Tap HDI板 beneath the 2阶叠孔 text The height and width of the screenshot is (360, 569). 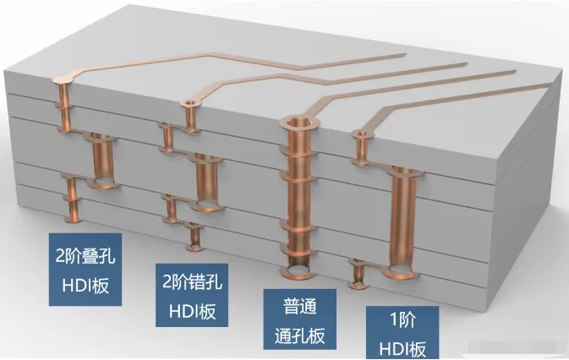pyautogui.click(x=83, y=283)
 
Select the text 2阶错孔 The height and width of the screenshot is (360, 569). pyautogui.click(x=192, y=279)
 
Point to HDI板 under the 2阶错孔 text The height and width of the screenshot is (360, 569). pyautogui.click(x=192, y=310)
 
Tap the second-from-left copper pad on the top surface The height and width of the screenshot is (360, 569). pyautogui.click(x=188, y=104)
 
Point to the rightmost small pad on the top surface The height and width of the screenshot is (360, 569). pyautogui.click(x=362, y=134)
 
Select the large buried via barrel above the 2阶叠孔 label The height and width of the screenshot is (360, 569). pyautogui.click(x=101, y=161)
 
